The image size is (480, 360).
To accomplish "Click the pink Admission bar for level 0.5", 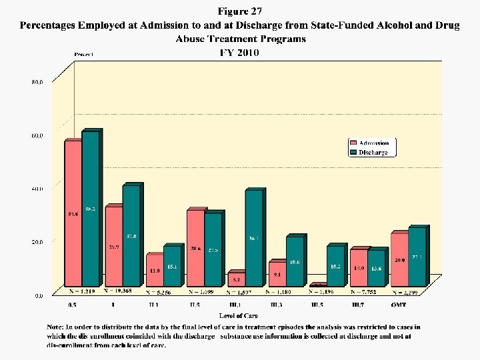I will click(x=73, y=213).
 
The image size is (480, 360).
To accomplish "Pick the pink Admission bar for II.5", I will click(x=195, y=247).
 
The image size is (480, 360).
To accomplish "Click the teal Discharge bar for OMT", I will click(x=417, y=257).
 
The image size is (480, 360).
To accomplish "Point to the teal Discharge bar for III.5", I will click(x=336, y=266).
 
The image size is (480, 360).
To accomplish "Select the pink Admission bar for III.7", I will click(x=359, y=267).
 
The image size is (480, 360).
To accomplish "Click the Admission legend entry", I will click(x=373, y=143).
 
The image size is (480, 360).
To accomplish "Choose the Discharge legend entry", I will click(x=373, y=152).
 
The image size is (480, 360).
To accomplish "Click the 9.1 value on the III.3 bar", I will click(x=277, y=273).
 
